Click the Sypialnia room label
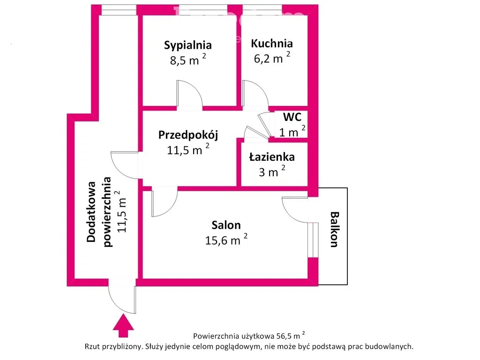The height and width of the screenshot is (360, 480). point(187,45)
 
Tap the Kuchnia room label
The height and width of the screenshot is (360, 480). point(272,44)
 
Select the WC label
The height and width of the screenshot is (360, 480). point(292,117)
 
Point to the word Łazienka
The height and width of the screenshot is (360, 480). point(272,157)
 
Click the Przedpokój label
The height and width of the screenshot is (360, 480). point(188,135)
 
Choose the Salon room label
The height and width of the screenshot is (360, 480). point(226,225)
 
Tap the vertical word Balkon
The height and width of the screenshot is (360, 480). point(334,230)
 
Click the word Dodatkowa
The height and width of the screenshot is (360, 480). point(92,212)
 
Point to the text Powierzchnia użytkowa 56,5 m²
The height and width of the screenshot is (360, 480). point(249,336)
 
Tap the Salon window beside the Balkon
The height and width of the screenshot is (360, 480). point(310,240)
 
